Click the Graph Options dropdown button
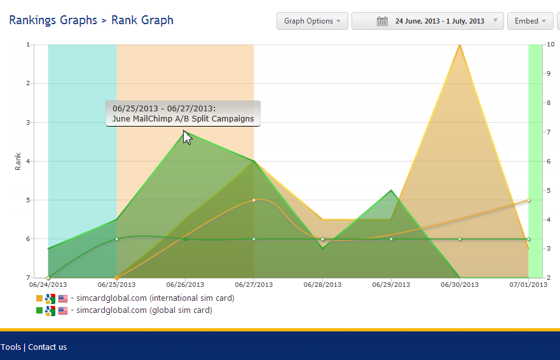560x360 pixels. coord(312,21)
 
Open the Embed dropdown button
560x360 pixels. coord(529,21)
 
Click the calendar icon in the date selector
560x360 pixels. coord(382,21)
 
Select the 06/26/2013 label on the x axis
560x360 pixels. coord(185,284)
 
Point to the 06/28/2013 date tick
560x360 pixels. coord(323,284)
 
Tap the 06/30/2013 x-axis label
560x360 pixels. coord(460,284)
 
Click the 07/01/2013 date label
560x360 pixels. coord(528,284)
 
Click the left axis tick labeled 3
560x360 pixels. coord(29,122)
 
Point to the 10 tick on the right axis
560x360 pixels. coord(550,45)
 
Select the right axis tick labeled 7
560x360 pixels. coord(549,132)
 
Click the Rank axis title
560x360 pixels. coord(18,161)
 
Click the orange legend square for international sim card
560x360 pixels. coord(40,298)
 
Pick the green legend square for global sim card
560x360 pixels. coord(40,310)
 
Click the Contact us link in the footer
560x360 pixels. coord(47,347)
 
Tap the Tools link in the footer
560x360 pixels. coord(10,347)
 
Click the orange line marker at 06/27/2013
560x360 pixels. coord(254,200)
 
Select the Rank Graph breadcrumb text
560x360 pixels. coord(142,20)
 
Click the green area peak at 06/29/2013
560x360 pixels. coord(392,190)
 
